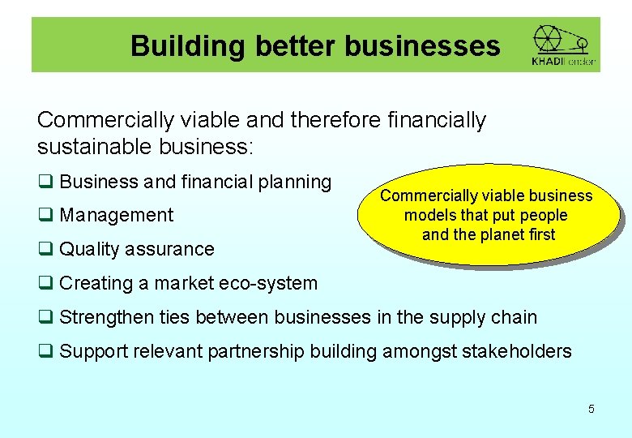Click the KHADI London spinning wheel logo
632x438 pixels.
click(563, 45)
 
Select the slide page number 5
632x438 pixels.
click(591, 409)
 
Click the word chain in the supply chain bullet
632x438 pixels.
click(514, 317)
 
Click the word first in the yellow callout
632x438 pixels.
click(541, 235)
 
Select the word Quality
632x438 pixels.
click(87, 249)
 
